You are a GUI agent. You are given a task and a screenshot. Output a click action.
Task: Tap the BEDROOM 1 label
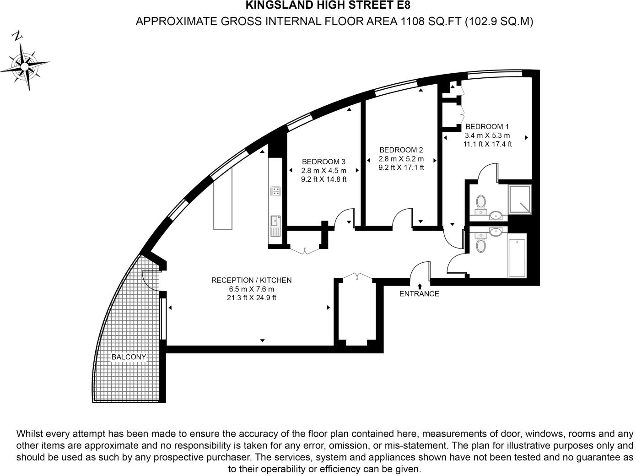click(x=487, y=127)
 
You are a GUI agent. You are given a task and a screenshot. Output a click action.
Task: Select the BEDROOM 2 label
click(x=401, y=150)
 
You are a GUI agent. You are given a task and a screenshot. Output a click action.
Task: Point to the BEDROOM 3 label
click(x=323, y=162)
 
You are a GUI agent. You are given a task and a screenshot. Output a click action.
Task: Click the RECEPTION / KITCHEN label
click(x=251, y=280)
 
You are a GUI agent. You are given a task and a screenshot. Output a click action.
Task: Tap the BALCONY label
click(x=129, y=357)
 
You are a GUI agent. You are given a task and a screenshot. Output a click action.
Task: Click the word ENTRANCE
click(x=419, y=294)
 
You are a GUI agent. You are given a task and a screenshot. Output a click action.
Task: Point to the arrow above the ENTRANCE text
click(x=420, y=286)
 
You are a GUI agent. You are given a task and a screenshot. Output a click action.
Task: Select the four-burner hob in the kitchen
click(x=275, y=191)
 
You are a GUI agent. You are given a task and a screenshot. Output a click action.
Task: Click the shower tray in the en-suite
click(x=520, y=200)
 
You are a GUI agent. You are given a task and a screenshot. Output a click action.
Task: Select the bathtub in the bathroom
click(x=517, y=255)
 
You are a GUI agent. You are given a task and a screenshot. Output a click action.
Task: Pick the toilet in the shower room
click(x=481, y=202)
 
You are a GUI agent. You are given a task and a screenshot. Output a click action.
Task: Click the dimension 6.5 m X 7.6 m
click(x=251, y=289)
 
